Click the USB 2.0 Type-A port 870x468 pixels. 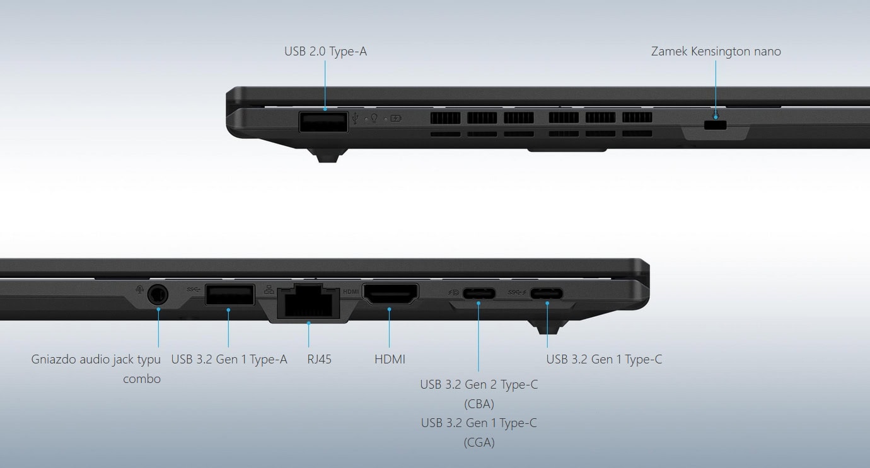click(323, 122)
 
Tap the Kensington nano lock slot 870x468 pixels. click(715, 125)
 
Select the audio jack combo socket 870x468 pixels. click(158, 295)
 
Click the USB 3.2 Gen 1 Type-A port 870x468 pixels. click(229, 295)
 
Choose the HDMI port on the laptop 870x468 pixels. click(390, 294)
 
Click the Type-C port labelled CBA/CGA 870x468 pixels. click(479, 293)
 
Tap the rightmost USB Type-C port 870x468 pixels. click(547, 293)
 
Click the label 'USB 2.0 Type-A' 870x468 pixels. click(325, 52)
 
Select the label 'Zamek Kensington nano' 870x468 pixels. click(716, 52)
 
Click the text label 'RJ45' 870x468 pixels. click(319, 359)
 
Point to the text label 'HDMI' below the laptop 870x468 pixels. click(390, 359)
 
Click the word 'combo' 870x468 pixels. click(142, 379)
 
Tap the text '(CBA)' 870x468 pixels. click(479, 404)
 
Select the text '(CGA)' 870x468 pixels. click(479, 442)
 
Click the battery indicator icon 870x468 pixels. click(396, 118)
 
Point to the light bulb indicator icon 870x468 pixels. click(374, 118)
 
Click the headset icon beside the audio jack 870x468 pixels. click(139, 290)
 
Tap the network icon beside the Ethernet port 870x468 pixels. click(269, 290)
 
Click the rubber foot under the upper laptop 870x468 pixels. click(327, 155)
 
